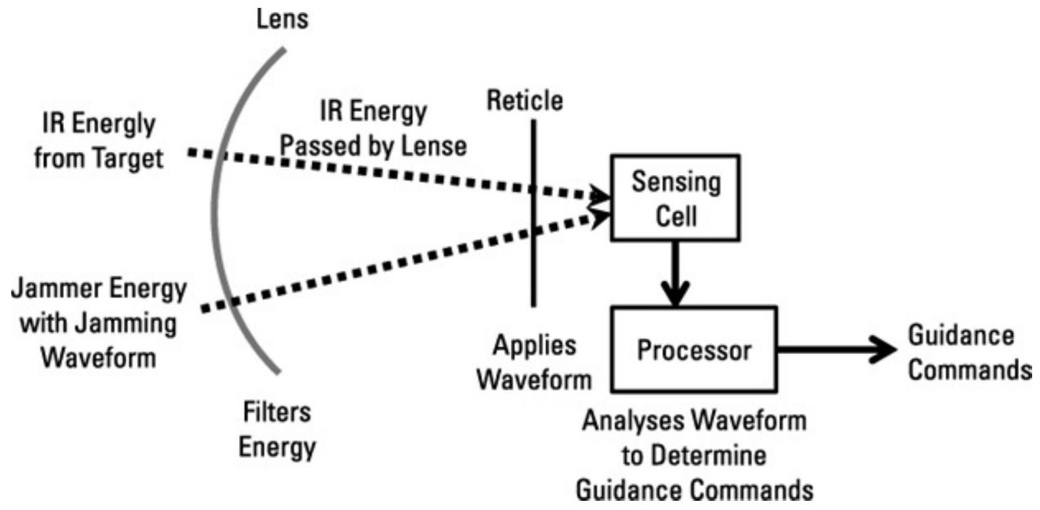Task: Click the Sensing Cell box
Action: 675,198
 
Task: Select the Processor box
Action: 694,349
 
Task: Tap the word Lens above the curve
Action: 282,19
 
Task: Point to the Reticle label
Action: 525,101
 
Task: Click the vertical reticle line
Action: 533,263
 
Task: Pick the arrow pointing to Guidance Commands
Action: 836,349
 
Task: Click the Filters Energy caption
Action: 277,430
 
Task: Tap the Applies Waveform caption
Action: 534,363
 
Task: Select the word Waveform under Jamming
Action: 98,357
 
